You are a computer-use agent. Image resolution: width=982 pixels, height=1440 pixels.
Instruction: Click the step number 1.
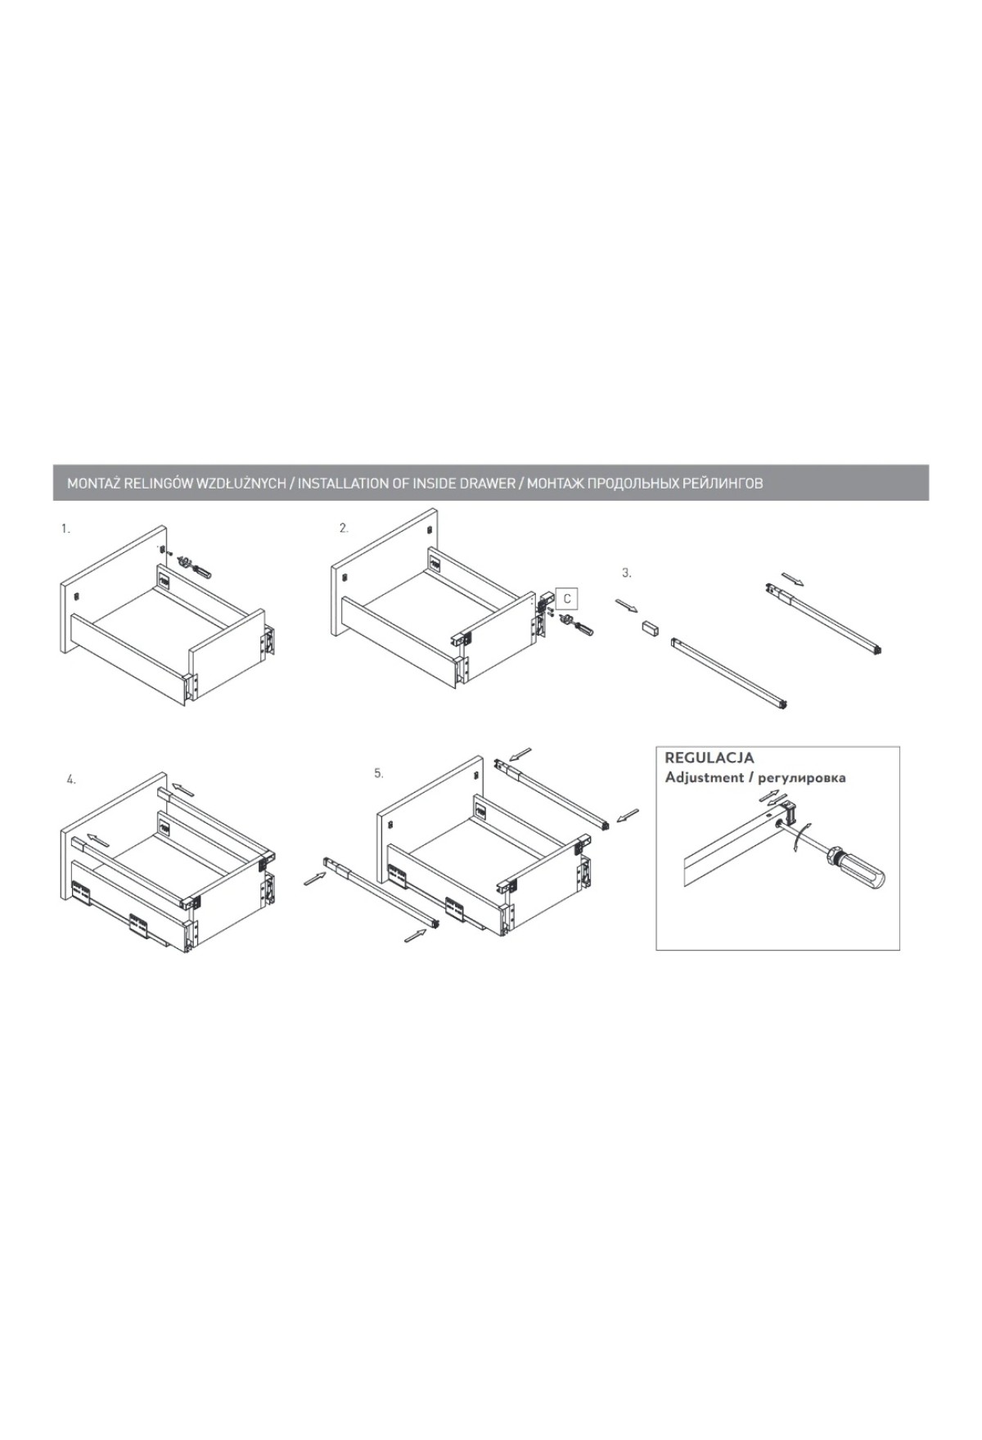65,529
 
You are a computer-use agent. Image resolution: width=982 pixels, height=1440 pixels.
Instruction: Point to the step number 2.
345,529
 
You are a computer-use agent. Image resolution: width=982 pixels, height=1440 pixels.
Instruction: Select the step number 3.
627,573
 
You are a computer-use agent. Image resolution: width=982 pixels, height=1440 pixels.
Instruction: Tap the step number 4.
71,780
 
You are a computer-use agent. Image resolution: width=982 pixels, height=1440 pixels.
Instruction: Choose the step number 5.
379,772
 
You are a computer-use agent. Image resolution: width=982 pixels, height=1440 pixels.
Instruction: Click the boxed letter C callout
566,599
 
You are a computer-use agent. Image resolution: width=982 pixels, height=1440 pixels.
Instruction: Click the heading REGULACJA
709,758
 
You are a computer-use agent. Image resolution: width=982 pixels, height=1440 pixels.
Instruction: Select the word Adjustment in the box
703,777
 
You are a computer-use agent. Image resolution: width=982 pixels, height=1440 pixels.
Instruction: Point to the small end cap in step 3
652,629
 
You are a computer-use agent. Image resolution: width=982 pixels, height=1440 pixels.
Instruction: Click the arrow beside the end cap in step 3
626,606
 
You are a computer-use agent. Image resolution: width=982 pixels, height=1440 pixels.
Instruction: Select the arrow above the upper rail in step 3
793,580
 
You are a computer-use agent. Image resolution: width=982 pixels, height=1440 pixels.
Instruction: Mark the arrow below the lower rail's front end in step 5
417,935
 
